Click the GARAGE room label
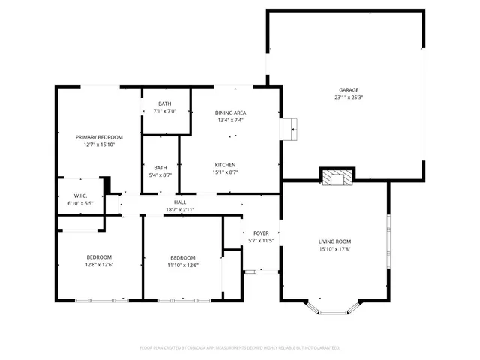click(348, 89)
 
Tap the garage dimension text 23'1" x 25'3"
click(348, 97)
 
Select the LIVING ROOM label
click(335, 241)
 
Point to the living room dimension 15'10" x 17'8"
click(335, 249)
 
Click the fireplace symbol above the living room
click(335, 177)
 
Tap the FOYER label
click(260, 232)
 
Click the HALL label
click(180, 202)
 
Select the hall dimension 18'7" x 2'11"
click(180, 210)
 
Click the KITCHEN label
click(226, 164)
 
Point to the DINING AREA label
click(231, 112)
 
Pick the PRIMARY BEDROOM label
click(99, 137)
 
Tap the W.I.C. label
click(79, 196)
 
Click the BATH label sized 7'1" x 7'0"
click(164, 103)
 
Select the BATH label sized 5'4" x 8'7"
click(160, 167)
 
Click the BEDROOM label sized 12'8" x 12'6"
click(99, 257)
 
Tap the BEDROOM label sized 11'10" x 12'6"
click(182, 257)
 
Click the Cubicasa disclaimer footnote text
click(240, 347)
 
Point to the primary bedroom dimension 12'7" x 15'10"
click(99, 145)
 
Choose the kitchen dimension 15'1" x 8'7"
click(226, 172)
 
